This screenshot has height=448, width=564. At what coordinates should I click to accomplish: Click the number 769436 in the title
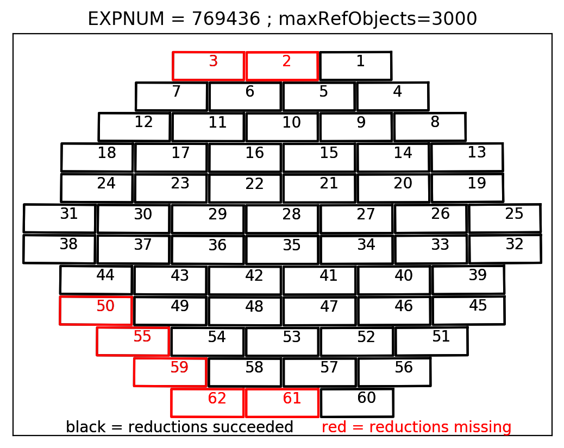225,18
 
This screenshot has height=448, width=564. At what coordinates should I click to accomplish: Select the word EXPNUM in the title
126,18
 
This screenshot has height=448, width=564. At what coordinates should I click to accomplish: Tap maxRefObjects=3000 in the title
378,18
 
